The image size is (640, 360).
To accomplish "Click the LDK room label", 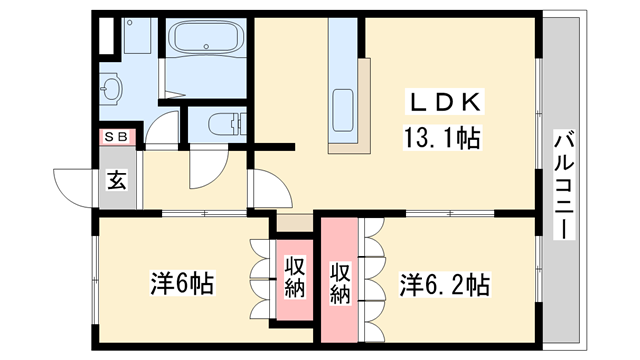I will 445,102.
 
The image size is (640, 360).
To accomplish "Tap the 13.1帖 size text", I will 444,137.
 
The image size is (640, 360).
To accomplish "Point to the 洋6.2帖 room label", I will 444,285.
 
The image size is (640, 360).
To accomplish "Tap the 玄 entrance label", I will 116,181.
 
